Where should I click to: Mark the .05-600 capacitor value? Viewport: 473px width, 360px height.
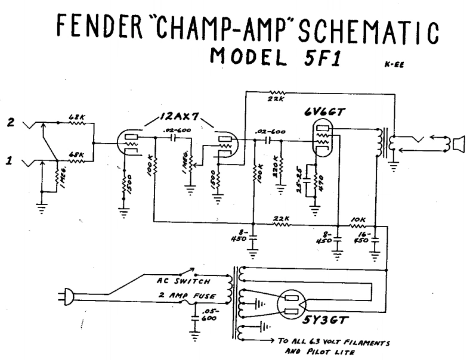click(209, 314)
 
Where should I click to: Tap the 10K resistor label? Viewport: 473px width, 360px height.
click(358, 221)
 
